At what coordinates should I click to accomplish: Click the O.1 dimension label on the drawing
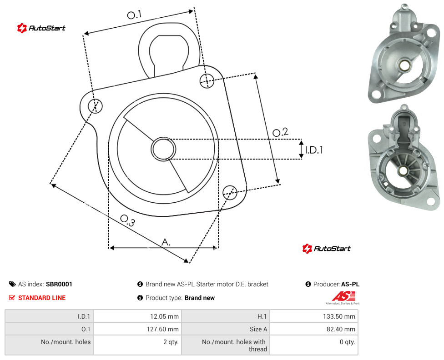click(x=134, y=15)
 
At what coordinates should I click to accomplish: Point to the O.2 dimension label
click(x=280, y=132)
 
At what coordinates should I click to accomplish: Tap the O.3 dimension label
click(x=127, y=220)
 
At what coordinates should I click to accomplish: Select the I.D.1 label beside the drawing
click(x=314, y=150)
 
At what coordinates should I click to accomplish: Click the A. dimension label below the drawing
click(x=166, y=242)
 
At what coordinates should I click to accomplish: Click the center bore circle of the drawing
click(x=163, y=149)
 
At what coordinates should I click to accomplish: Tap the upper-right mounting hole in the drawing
click(x=207, y=80)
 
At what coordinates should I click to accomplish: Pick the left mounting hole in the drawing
click(x=95, y=106)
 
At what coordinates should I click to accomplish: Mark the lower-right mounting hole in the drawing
click(x=230, y=193)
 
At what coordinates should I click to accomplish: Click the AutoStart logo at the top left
click(x=41, y=28)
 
